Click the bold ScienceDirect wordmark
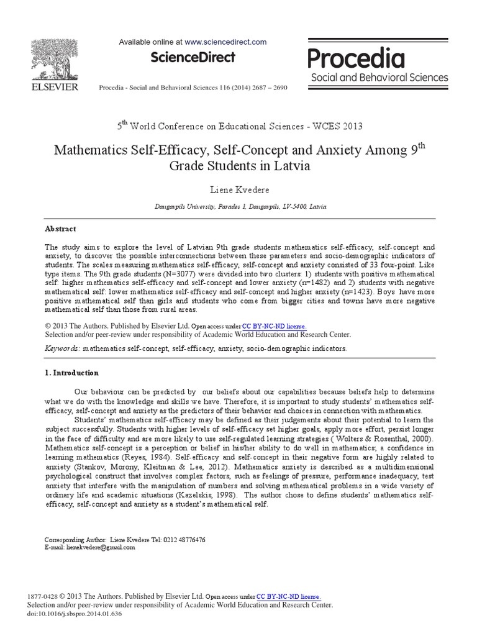coord(193,58)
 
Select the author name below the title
coord(238,189)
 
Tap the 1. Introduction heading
coord(72,373)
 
